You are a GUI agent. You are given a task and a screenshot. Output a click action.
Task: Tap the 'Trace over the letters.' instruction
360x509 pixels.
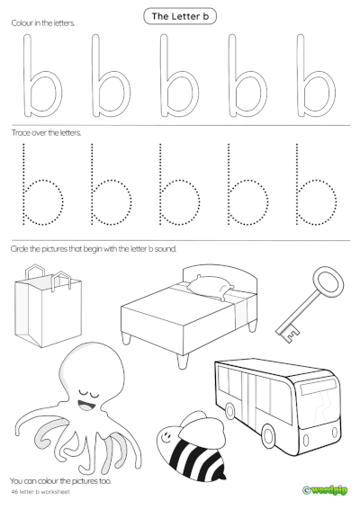coord(46,132)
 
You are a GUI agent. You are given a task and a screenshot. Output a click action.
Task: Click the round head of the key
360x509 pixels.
coord(328,290)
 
